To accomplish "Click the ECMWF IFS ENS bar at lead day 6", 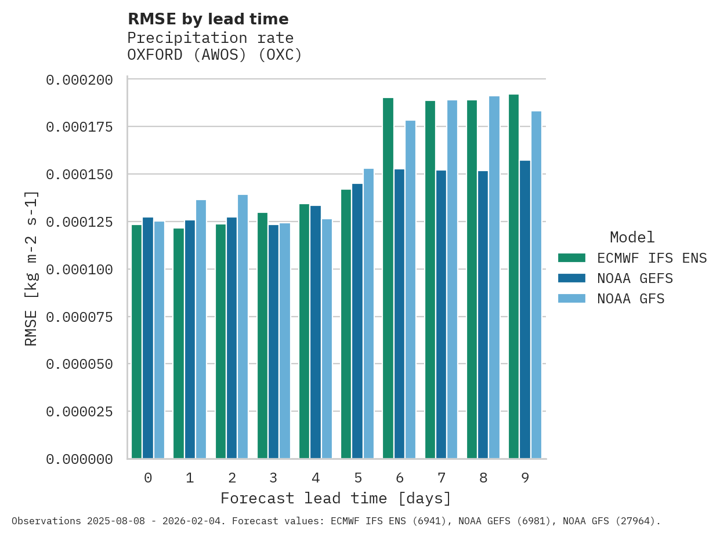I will click(x=388, y=278).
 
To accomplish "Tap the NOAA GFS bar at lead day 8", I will click(x=494, y=277).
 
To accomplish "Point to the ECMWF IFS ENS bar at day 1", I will click(x=179, y=343).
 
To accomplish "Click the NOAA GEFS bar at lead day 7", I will click(x=442, y=314).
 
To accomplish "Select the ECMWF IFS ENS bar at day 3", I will click(x=262, y=336).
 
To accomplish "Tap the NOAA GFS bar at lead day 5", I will click(x=368, y=314).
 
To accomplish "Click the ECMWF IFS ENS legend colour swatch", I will click(x=571, y=258).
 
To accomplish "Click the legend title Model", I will click(x=632, y=237).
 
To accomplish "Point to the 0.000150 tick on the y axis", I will click(x=79, y=175).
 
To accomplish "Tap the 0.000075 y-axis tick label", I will click(x=79, y=317).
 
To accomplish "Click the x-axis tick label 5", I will click(x=358, y=478).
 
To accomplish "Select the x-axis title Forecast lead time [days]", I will click(x=336, y=498).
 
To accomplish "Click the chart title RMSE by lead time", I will click(x=208, y=19).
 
